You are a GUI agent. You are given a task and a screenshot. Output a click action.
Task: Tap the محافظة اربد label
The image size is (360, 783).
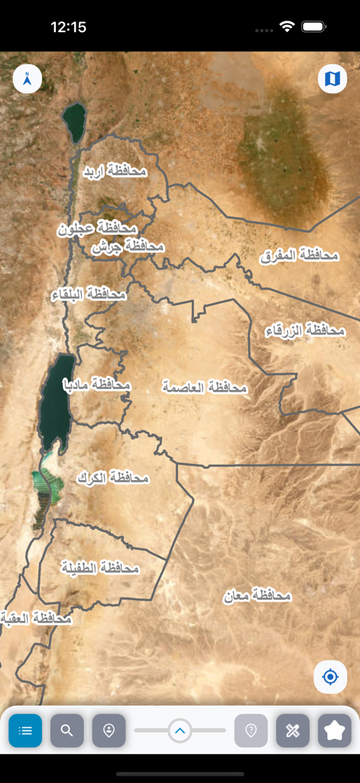[x=115, y=171]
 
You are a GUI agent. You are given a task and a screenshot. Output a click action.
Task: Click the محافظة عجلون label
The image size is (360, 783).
[x=97, y=229]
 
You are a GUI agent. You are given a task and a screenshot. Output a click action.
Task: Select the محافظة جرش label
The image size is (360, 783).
[x=128, y=246]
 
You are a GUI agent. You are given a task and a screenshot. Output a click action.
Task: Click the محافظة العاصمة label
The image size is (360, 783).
[x=205, y=387]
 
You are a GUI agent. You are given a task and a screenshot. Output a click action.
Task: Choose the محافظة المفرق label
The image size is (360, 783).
[x=299, y=255]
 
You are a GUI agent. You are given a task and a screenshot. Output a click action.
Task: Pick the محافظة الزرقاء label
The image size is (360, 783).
[x=305, y=330]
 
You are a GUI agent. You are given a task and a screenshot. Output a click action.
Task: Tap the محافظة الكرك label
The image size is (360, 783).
[x=112, y=478]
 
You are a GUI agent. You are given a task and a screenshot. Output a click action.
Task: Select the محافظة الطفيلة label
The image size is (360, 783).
[x=100, y=567]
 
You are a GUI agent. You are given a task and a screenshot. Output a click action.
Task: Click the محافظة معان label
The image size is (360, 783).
[x=258, y=595]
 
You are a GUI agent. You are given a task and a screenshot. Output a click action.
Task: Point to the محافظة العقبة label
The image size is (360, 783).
[x=36, y=618]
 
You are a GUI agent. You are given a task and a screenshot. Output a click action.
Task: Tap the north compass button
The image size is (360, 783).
[x=28, y=79]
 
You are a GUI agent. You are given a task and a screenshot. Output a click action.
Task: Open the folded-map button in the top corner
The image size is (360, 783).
[x=332, y=79]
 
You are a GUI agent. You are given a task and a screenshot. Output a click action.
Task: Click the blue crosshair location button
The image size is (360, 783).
[x=330, y=677]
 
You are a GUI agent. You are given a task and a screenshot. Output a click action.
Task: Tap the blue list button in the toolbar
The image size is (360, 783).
[x=25, y=730]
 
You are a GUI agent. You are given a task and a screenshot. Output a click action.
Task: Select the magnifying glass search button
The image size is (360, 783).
[x=66, y=730]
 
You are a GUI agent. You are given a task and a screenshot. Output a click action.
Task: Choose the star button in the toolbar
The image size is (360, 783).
[x=334, y=730]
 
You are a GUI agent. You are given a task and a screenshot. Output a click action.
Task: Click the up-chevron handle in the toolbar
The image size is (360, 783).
[x=180, y=730]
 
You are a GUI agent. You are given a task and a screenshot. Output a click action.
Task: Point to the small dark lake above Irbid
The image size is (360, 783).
[x=74, y=122]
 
